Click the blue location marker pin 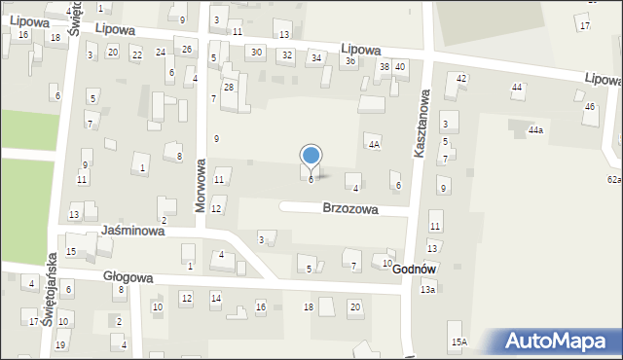[x=311, y=157]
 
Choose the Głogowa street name [x=128, y=276]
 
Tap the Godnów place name [x=414, y=269]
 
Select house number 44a [x=535, y=129]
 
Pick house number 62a [x=614, y=180]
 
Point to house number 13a [x=427, y=290]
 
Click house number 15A [x=458, y=342]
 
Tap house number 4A [x=373, y=144]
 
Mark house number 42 [x=461, y=78]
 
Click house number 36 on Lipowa [x=349, y=60]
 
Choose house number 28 [x=229, y=88]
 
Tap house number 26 [x=187, y=50]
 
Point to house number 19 [x=59, y=345]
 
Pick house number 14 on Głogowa [x=216, y=298]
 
